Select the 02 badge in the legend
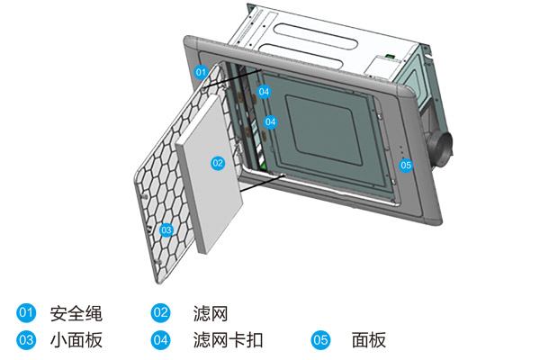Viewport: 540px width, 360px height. coord(161,313)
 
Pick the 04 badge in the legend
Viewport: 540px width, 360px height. coord(161,340)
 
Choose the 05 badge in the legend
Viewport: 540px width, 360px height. coord(320,340)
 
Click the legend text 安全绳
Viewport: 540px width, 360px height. coord(76,313)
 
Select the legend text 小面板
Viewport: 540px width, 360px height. coord(76,340)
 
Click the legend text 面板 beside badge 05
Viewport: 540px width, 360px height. coord(369,340)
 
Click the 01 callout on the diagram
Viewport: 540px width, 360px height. coord(201,71)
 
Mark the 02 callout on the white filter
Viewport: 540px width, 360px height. coord(217,163)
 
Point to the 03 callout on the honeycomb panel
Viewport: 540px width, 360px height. coord(166,230)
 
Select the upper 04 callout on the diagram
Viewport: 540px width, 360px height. coord(264,91)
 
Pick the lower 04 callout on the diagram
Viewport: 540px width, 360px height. coord(270,121)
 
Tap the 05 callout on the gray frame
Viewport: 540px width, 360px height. coord(406,165)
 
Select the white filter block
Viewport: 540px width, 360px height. coord(212,184)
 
